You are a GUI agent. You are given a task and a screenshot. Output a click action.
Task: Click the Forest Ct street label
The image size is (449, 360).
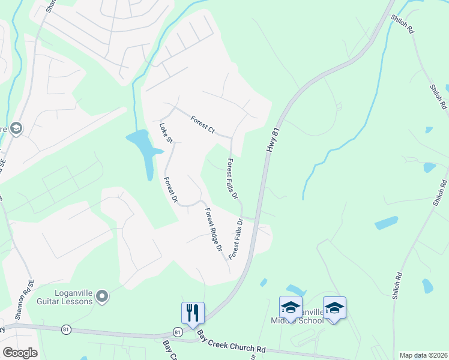pyautogui.click(x=202, y=124)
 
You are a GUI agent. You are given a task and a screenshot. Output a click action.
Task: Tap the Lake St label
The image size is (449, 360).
pyautogui.click(x=166, y=134)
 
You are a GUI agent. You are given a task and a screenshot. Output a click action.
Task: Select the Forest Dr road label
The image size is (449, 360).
pyautogui.click(x=171, y=188)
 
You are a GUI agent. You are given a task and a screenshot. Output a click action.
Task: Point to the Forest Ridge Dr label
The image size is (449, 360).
pyautogui.click(x=213, y=229)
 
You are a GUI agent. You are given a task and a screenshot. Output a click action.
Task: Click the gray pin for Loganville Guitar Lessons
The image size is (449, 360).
pyautogui.click(x=102, y=296)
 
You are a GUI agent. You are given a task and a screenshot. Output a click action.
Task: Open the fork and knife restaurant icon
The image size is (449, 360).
pyautogui.click(x=193, y=313)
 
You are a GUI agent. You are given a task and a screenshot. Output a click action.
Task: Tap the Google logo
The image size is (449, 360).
pyautogui.click(x=19, y=353)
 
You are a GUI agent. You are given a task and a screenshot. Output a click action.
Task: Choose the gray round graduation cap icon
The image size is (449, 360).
pyautogui.click(x=16, y=128)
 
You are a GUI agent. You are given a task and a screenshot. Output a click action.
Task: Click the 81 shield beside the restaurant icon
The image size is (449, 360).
pyautogui.click(x=177, y=332)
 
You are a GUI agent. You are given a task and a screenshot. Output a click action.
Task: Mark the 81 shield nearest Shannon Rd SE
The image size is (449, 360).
pyautogui.click(x=65, y=329)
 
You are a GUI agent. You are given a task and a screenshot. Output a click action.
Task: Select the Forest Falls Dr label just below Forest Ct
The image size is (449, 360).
pyautogui.click(x=232, y=178)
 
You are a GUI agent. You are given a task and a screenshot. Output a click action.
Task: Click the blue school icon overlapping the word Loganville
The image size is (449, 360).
pyautogui.click(x=291, y=307)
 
